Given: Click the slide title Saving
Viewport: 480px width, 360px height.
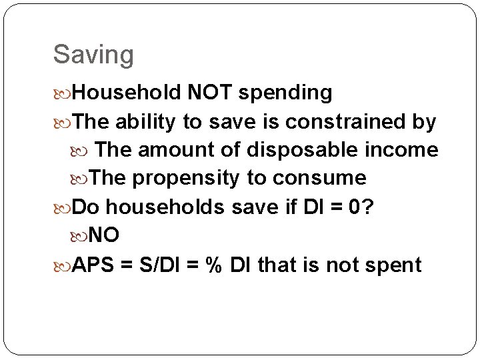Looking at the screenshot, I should point(93,55).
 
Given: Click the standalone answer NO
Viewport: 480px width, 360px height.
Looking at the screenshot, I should point(104,235).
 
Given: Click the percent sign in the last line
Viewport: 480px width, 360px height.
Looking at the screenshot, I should point(213,265).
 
